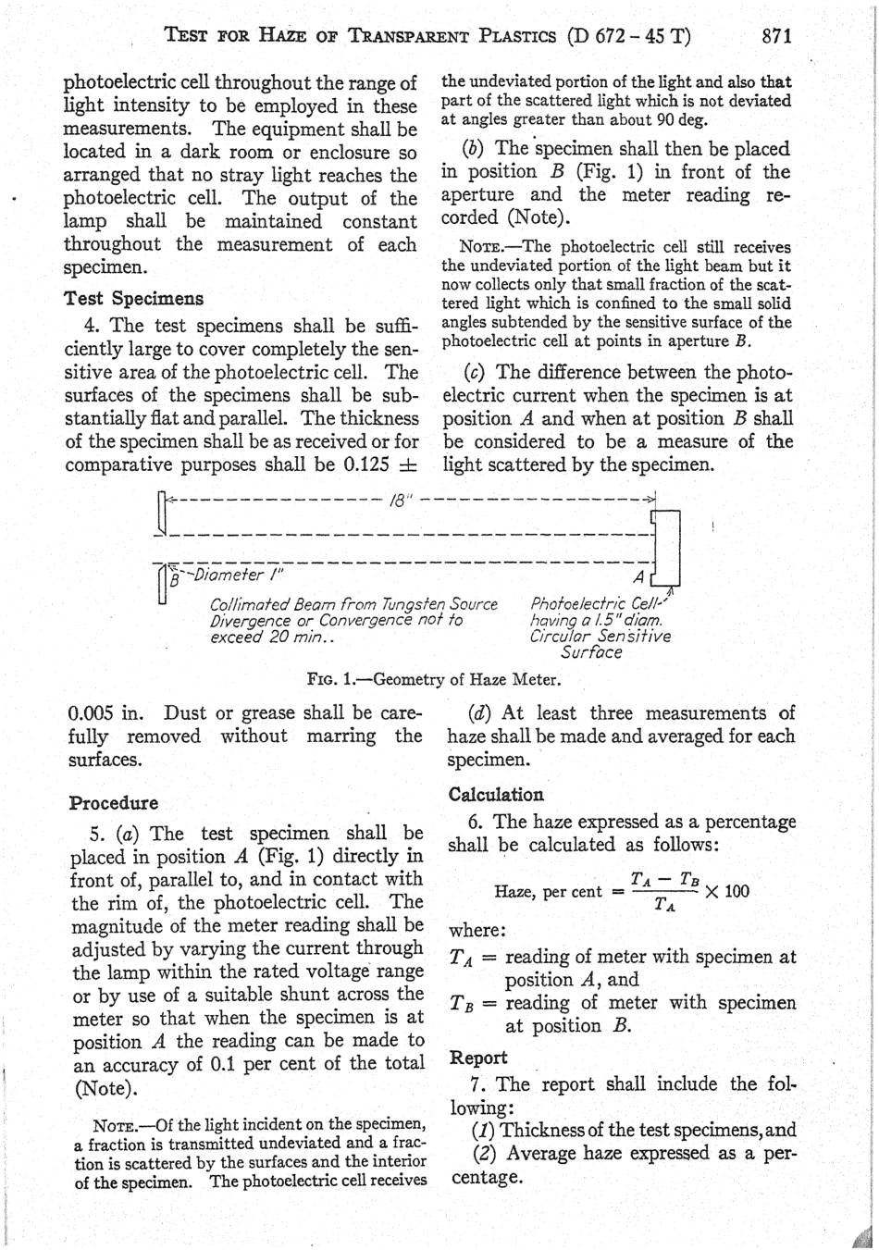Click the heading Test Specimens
click(133, 299)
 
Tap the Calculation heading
click(496, 795)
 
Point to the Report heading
click(478, 1058)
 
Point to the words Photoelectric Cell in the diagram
click(596, 605)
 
